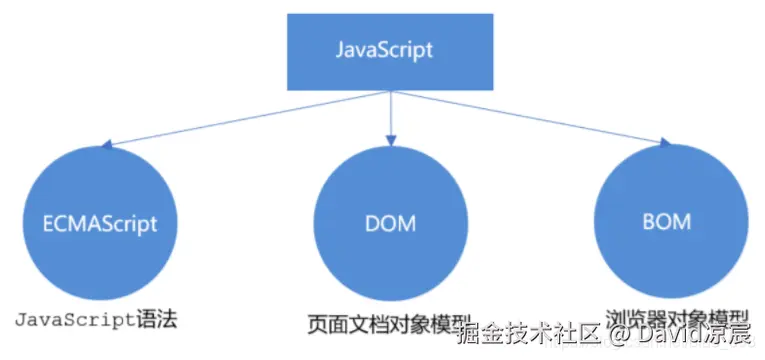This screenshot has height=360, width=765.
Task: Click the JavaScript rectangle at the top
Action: pos(384,49)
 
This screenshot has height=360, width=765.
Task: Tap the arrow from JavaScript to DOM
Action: pos(389,115)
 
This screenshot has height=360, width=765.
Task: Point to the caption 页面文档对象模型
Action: pos(388,324)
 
